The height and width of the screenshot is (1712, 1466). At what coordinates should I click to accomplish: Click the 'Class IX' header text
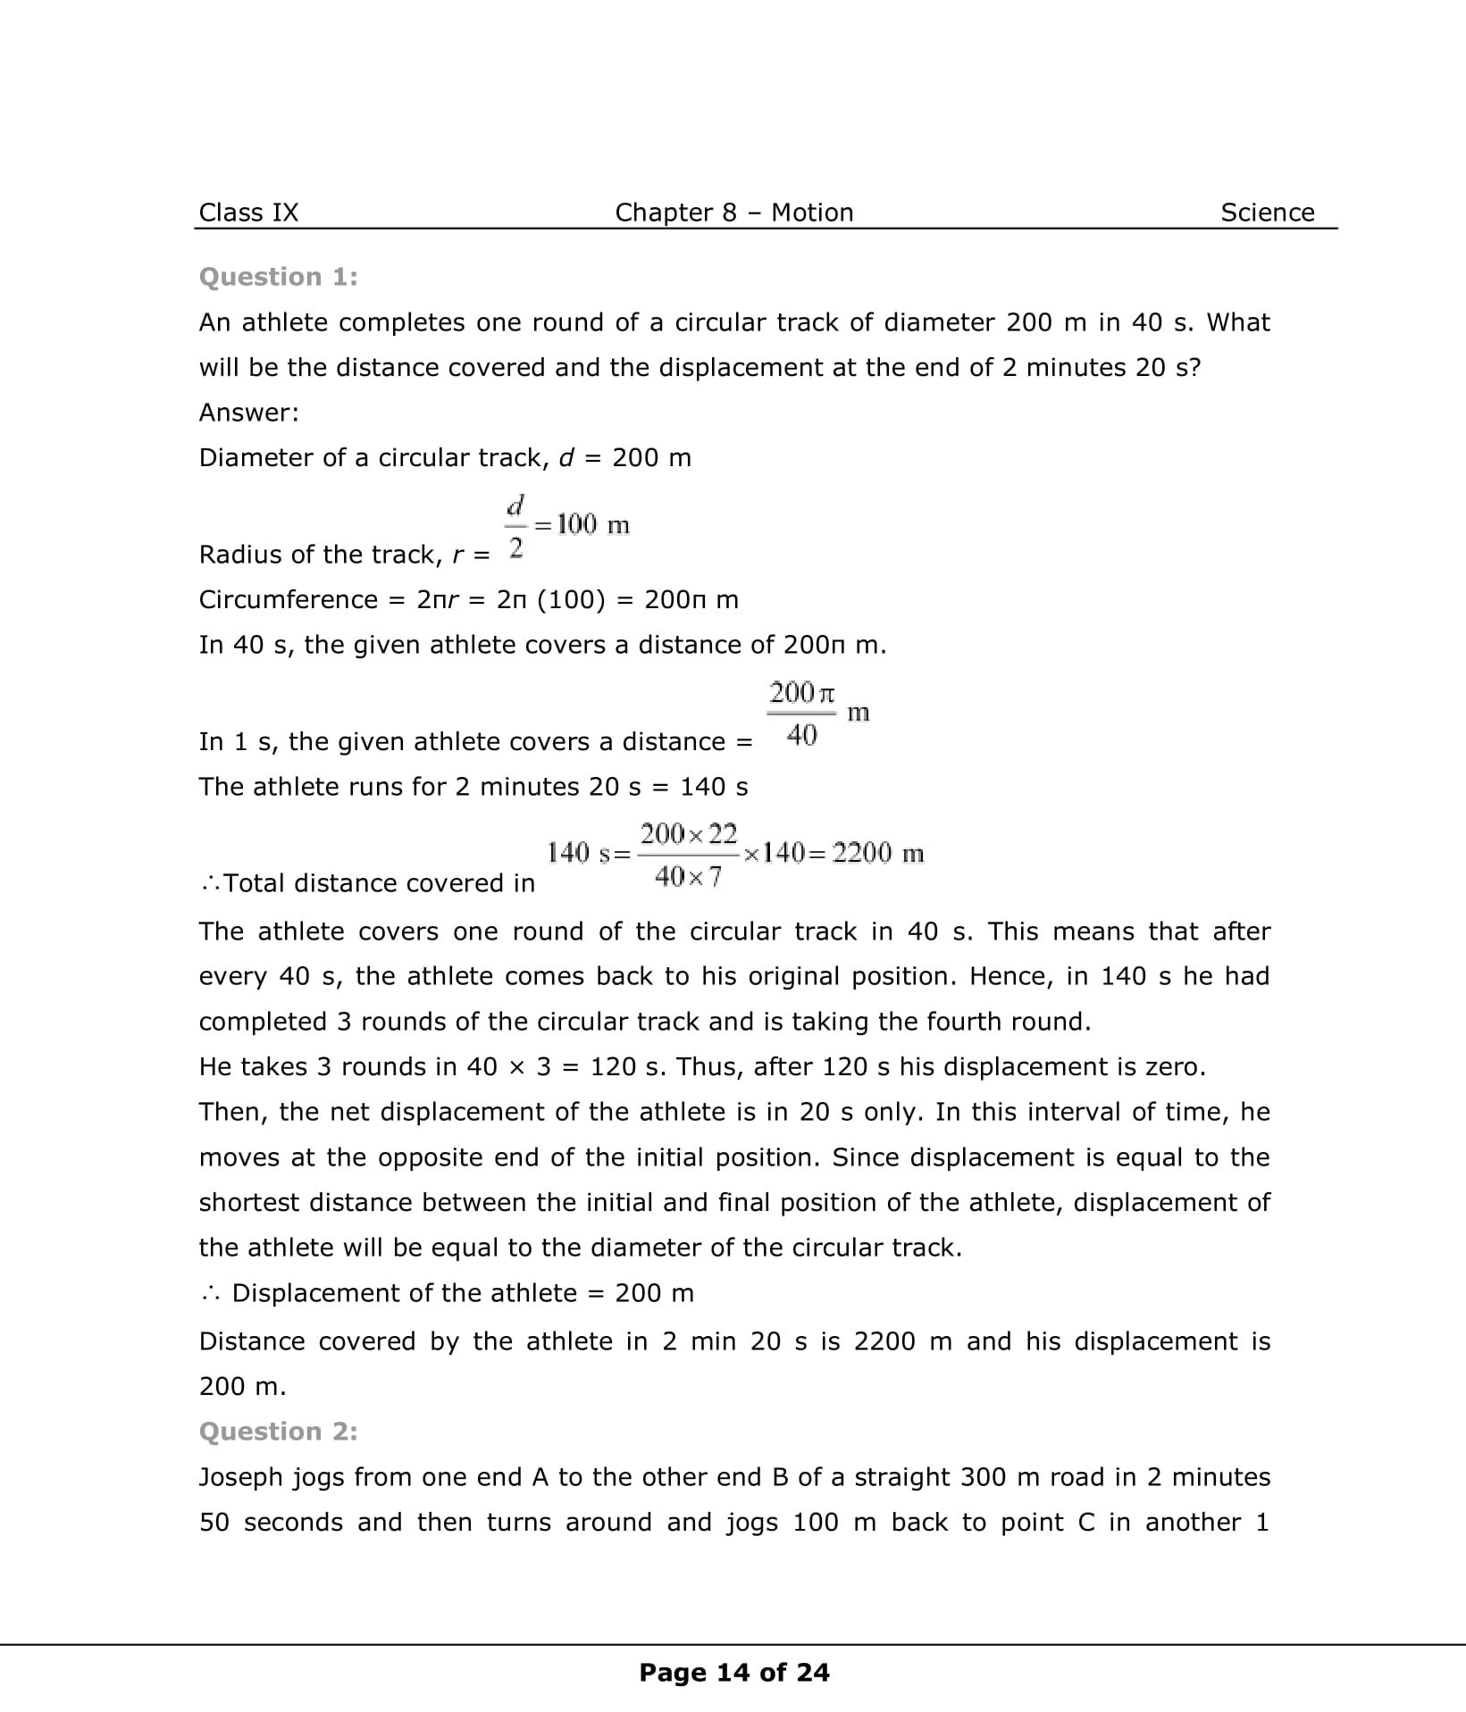248,213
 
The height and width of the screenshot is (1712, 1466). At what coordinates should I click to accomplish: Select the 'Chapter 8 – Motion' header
733,213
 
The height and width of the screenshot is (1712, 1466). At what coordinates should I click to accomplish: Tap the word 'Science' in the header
1267,213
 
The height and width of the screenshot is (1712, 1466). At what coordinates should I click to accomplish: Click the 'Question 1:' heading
278,277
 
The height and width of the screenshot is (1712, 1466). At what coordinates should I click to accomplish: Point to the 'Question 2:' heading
278,1432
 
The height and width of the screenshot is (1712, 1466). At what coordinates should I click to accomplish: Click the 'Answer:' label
248,413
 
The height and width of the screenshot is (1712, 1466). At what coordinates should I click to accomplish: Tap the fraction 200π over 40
801,714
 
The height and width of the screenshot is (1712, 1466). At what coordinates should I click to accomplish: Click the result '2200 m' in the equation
877,853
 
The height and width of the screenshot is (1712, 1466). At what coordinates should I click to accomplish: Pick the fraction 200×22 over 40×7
688,855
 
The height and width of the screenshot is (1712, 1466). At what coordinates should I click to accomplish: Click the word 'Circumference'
288,599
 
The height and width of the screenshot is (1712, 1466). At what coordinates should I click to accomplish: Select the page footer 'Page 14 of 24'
733,1673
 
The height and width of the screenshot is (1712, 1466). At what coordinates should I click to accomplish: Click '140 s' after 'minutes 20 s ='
714,787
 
